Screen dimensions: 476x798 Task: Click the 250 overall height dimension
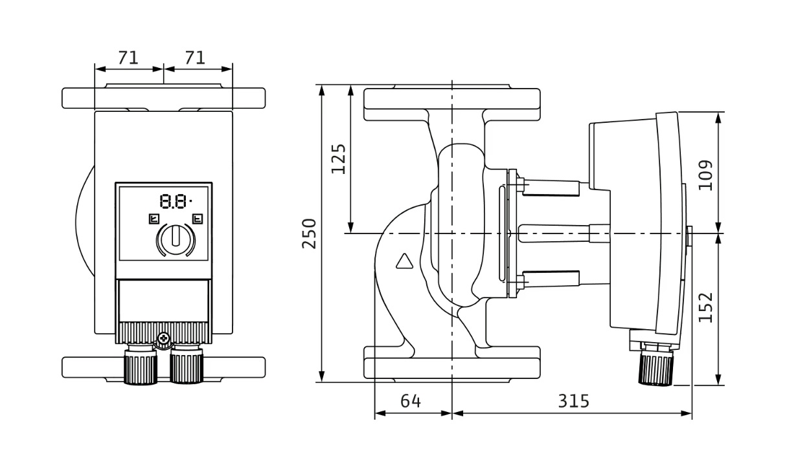click(x=310, y=233)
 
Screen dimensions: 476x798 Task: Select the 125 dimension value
click(x=338, y=158)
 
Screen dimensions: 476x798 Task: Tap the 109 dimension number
click(x=706, y=175)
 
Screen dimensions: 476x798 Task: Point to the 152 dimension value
click(x=706, y=307)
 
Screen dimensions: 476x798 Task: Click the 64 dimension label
click(x=410, y=402)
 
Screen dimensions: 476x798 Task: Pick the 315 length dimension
click(x=574, y=402)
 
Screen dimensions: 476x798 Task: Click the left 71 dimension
click(x=128, y=58)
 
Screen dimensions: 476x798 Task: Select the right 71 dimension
click(x=195, y=58)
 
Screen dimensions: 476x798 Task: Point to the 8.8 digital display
click(x=174, y=202)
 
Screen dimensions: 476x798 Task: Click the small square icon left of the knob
click(x=154, y=219)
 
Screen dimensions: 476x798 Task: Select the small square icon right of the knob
click(x=198, y=219)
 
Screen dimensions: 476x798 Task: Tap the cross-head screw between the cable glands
click(x=163, y=338)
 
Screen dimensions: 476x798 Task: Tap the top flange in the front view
click(x=163, y=98)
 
